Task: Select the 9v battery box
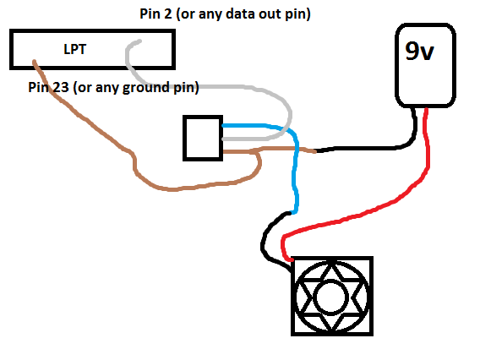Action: [x=426, y=80]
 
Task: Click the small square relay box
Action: [x=203, y=137]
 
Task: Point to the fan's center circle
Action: [x=330, y=298]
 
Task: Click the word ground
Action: [x=148, y=87]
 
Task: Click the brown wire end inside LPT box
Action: [x=34, y=62]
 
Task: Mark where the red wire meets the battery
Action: [x=428, y=110]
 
